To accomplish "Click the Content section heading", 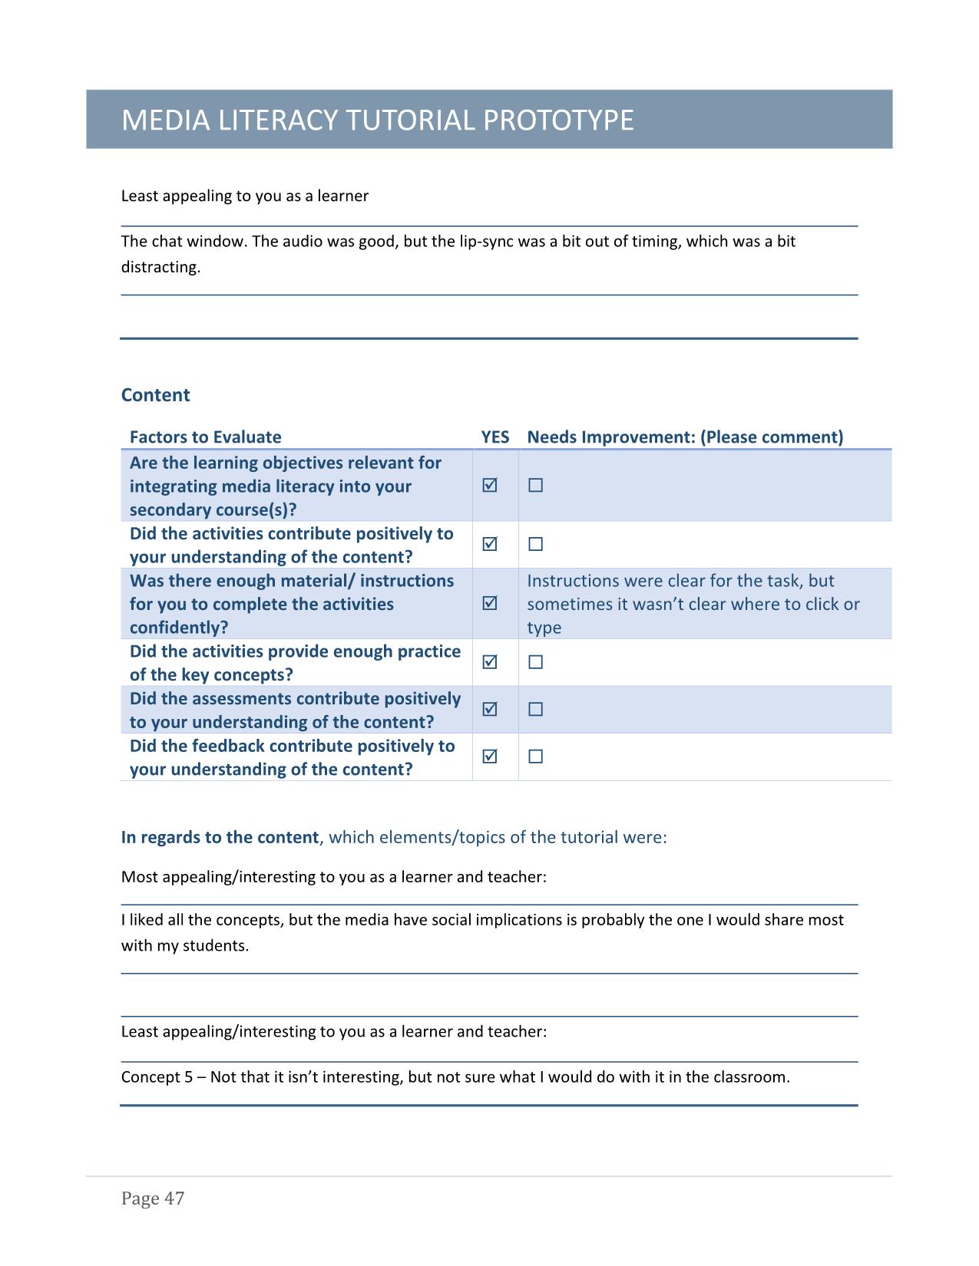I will tap(155, 395).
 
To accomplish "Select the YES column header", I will tap(494, 437).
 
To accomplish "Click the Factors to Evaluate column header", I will tap(205, 437).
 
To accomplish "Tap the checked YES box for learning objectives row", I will tap(490, 485).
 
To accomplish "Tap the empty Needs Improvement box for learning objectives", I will tap(536, 485).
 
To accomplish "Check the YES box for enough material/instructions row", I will tap(490, 603).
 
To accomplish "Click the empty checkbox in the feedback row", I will tap(536, 757).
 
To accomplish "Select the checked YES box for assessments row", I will tap(490, 709).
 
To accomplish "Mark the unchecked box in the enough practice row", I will tap(536, 661).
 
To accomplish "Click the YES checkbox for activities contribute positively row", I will tap(490, 544).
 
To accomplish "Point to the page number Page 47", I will tap(153, 1198).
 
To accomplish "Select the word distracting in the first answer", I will tap(160, 267).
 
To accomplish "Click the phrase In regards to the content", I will tap(220, 837).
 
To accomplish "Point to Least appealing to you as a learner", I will tap(244, 196).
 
